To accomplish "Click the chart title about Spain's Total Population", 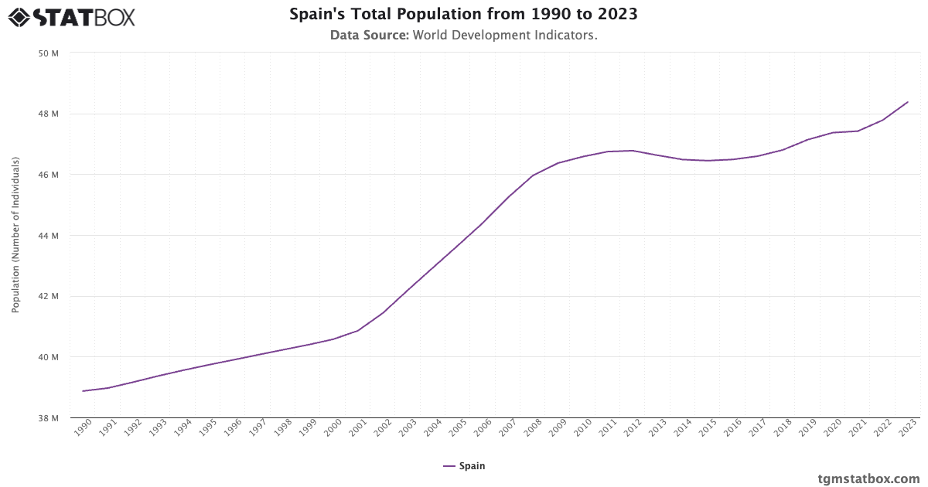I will (464, 15).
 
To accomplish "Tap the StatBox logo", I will (72, 16).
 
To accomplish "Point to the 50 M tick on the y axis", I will (49, 53).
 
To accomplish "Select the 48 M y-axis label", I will (49, 114).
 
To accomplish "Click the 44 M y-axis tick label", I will (49, 236).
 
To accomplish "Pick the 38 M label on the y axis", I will (49, 418).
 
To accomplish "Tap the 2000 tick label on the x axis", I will (333, 427).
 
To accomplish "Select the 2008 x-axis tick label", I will (532, 427).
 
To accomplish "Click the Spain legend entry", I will (464, 466).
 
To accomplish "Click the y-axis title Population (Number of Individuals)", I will (15, 236).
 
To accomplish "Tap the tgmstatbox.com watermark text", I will (868, 478).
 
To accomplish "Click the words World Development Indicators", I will (505, 35).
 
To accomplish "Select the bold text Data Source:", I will (370, 35).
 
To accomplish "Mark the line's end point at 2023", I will (908, 102).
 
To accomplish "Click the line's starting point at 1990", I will (83, 391).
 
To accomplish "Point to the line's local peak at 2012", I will (633, 151).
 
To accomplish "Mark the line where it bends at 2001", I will (357, 331).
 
